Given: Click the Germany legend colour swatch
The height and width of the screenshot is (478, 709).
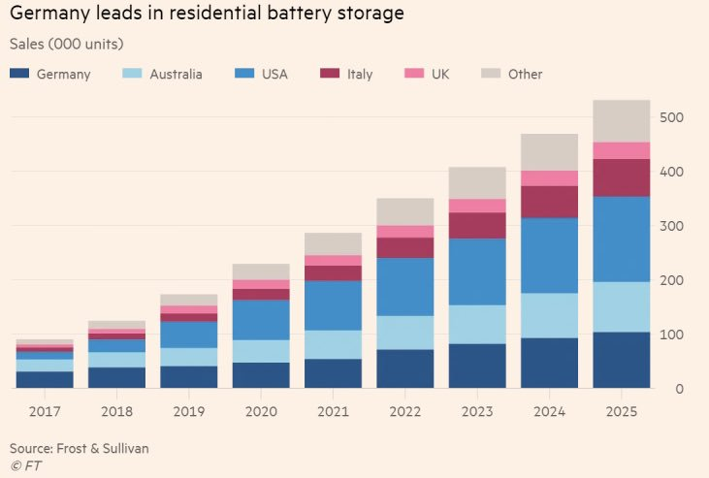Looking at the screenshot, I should pos(18,75).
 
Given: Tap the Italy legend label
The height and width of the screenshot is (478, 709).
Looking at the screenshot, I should pos(359,75).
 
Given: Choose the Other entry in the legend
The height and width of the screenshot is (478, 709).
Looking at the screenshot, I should pos(525,75).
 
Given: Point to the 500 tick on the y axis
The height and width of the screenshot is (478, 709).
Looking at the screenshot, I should pos(673,118).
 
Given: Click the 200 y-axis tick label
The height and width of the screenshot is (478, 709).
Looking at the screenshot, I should pos(673,281).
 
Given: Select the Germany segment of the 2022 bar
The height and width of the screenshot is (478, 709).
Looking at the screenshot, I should pos(404,368).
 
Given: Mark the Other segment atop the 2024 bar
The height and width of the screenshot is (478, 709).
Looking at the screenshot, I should pos(549,152).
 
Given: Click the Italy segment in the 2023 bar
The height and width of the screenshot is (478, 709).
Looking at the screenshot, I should pos(476,226).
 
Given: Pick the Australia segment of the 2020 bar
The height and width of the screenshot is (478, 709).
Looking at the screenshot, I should pos(261,351).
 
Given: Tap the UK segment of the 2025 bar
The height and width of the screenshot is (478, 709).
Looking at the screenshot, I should pos(621,150).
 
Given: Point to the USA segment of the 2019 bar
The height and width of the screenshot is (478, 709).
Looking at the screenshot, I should pos(189,335).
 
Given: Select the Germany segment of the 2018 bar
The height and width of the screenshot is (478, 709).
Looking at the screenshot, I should pos(116,377).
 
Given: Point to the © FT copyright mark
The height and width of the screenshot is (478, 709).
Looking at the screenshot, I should pos(25,466).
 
